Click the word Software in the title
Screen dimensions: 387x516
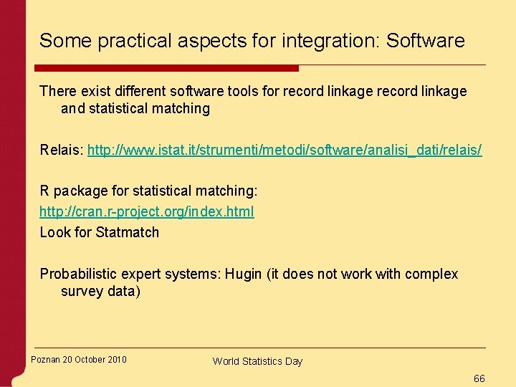[x=425, y=41]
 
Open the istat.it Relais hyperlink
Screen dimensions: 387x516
[x=285, y=150]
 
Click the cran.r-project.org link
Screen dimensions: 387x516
[x=146, y=211]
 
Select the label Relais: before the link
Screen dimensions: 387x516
[x=61, y=150]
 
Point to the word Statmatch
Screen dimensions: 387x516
[x=127, y=232]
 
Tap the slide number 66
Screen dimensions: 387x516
[x=479, y=378]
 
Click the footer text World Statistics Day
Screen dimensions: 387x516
[x=257, y=361]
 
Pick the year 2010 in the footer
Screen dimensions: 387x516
[x=116, y=359]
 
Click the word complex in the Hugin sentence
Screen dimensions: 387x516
[x=431, y=274]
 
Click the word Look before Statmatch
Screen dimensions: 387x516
[x=54, y=232]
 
